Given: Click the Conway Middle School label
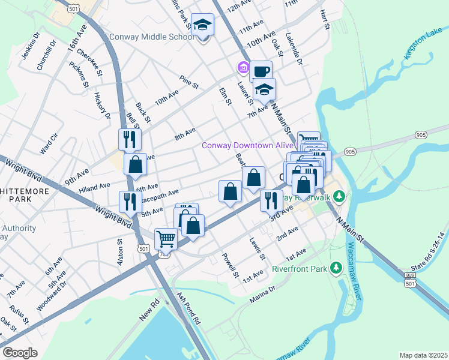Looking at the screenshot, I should tap(152, 37).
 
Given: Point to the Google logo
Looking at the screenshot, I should tap(20, 353).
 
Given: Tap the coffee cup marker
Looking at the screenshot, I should tap(261, 71).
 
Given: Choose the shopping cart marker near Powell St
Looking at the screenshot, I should tap(166, 239).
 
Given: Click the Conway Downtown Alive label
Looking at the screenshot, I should tap(247, 145).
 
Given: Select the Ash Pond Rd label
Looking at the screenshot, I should tap(188, 308).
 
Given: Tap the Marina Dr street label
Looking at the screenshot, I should tap(264, 289).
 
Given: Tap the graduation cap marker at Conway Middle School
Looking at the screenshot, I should tap(203, 25).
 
